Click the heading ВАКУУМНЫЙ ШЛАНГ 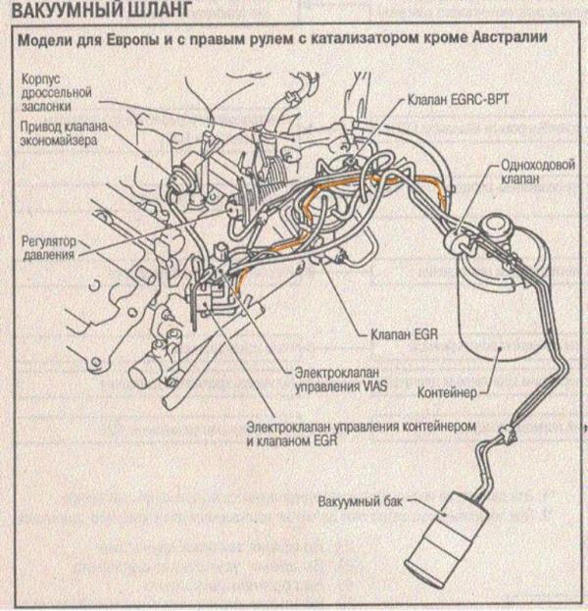[x=102, y=10]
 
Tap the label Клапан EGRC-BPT [x=458, y=100]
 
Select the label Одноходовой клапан [x=538, y=172]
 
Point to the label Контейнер [x=447, y=392]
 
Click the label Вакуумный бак [x=361, y=501]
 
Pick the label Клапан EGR [x=404, y=334]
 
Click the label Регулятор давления [x=49, y=248]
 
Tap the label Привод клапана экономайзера [x=64, y=133]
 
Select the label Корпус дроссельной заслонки [x=56, y=92]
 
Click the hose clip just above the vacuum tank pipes [x=508, y=433]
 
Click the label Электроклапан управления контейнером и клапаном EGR [x=361, y=433]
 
